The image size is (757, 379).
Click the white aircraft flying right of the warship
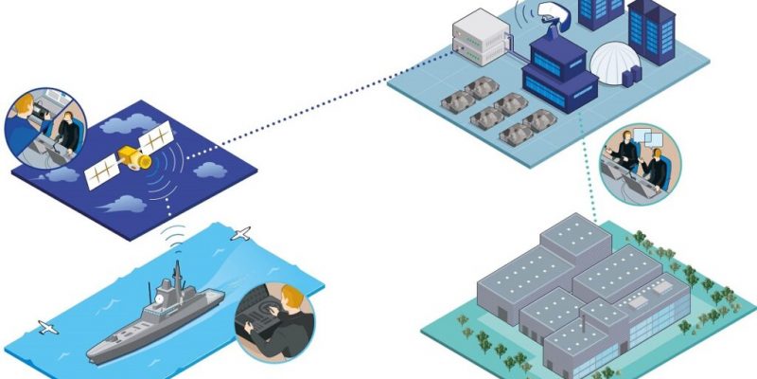tap(241, 233)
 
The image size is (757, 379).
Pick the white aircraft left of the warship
tap(46, 328)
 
